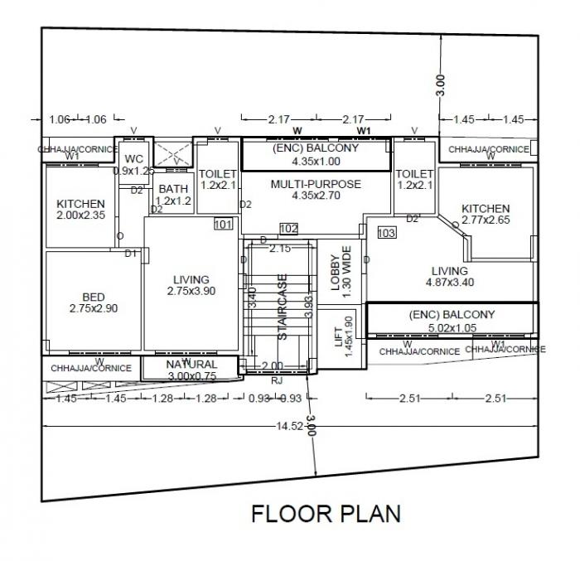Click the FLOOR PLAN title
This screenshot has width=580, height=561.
(326, 513)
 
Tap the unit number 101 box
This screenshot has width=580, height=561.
(223, 225)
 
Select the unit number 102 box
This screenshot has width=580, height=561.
(288, 229)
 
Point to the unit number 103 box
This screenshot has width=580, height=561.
(386, 234)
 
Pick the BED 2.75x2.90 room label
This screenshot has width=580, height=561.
(94, 302)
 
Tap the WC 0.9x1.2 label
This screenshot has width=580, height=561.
(133, 164)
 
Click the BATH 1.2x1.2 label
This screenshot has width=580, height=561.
(173, 195)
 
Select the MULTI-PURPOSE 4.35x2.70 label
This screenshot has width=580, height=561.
(316, 190)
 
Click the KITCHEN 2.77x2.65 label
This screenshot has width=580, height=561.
(486, 214)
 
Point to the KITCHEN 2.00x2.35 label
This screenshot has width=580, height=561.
(80, 210)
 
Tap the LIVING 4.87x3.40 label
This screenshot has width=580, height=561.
(449, 276)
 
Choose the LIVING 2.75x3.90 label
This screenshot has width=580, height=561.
(191, 285)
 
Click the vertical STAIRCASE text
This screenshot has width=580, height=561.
(283, 307)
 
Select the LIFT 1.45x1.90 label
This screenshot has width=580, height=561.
(343, 335)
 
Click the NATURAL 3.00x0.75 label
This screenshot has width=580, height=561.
(191, 370)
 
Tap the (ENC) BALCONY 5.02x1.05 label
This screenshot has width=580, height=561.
(452, 321)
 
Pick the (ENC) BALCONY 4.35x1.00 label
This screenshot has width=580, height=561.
(316, 155)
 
